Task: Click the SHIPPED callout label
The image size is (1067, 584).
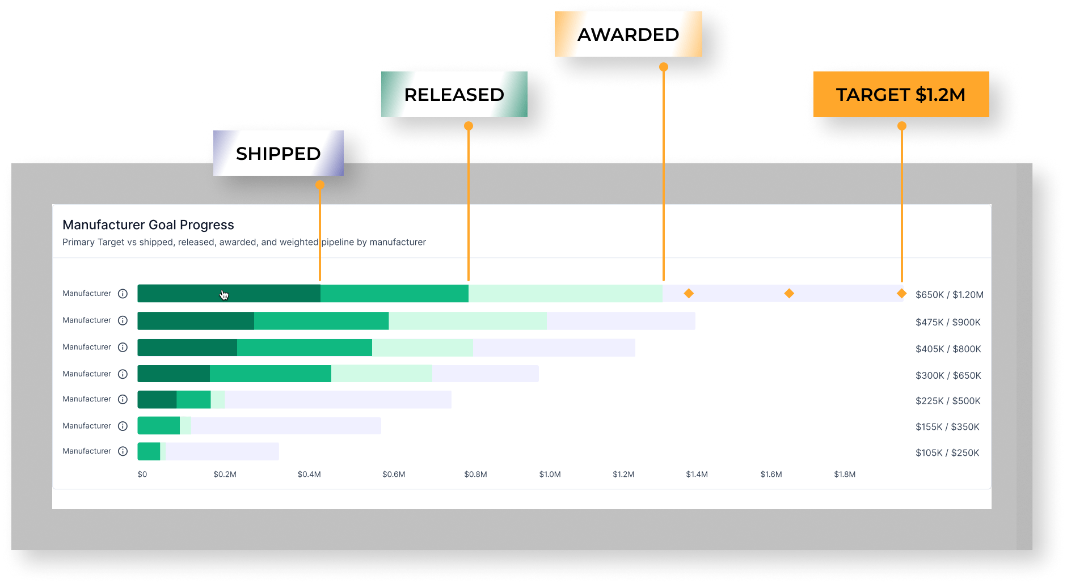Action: click(279, 153)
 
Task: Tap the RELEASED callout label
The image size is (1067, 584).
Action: click(454, 94)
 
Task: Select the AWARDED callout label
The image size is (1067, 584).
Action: click(629, 34)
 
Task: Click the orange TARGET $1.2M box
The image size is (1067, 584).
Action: click(901, 94)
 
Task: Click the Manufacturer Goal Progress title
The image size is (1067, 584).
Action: click(148, 225)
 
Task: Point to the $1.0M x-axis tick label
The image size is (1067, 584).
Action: click(550, 474)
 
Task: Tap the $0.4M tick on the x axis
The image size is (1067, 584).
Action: click(309, 474)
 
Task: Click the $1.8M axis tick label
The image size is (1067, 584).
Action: click(845, 474)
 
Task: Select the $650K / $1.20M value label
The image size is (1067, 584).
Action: click(950, 295)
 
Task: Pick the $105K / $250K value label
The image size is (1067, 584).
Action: click(947, 452)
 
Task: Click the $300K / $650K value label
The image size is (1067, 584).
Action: click(948, 375)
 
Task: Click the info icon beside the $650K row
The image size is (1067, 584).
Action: click(123, 294)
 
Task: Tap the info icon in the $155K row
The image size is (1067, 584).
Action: click(123, 426)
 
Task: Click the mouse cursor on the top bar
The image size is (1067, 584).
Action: click(224, 295)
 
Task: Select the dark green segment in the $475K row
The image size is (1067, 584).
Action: click(196, 321)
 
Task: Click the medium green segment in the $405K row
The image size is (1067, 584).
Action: click(305, 348)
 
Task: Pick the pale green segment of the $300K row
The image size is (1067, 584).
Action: click(382, 374)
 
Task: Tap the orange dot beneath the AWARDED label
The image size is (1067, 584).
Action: click(664, 67)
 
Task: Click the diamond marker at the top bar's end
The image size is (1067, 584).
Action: click(901, 293)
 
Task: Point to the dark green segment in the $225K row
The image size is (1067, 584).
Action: click(157, 400)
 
